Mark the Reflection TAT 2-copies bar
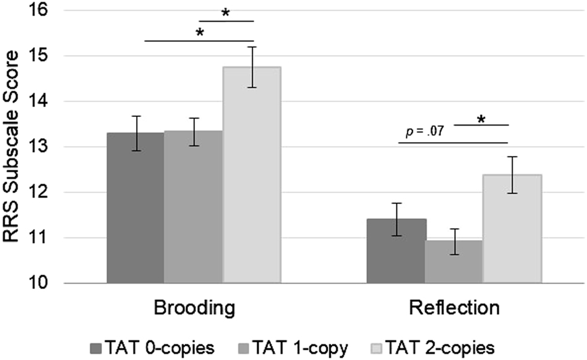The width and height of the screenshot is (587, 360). (x=512, y=229)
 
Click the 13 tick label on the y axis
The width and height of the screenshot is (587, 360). (x=44, y=147)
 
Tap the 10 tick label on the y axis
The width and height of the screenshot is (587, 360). (x=44, y=283)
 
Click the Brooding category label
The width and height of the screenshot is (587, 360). (x=194, y=307)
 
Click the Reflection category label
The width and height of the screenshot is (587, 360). (x=453, y=307)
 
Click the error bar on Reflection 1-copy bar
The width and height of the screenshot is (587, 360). (x=453, y=241)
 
